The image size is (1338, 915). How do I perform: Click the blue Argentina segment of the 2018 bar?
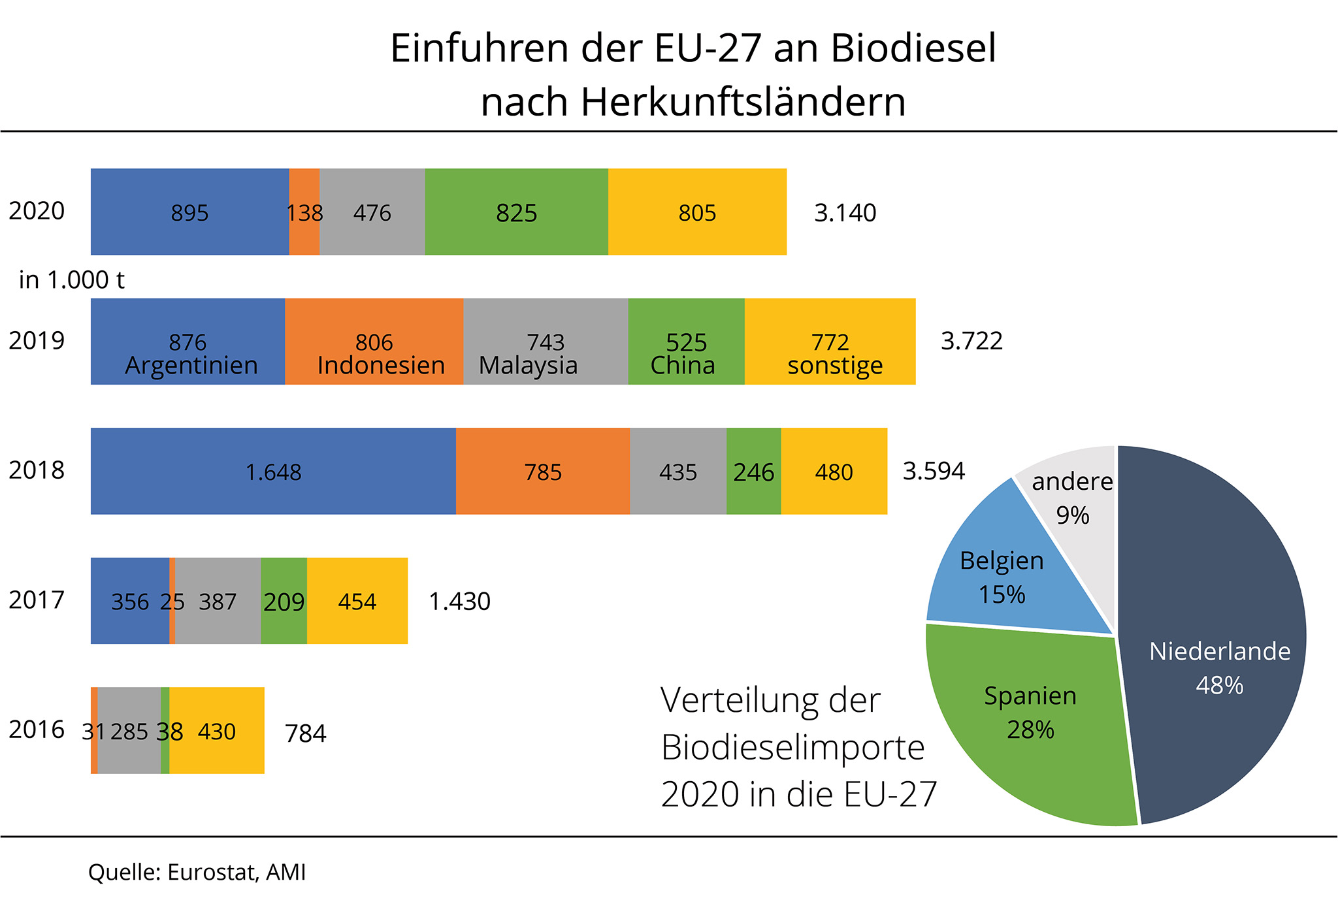[273, 471]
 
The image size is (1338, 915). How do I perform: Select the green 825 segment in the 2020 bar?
[516, 212]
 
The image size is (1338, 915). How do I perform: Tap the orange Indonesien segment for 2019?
[374, 342]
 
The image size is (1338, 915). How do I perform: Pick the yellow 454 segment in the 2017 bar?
[357, 601]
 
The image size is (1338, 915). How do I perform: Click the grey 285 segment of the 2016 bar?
[129, 731]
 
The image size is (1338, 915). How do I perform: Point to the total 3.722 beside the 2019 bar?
[971, 341]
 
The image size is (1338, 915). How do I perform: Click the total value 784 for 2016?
[306, 733]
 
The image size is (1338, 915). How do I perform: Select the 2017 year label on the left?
[37, 600]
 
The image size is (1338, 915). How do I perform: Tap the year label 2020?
[37, 211]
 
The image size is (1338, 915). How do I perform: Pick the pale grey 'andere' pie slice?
[1072, 496]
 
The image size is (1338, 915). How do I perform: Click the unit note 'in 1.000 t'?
[72, 280]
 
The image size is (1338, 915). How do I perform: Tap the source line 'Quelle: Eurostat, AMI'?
[197, 873]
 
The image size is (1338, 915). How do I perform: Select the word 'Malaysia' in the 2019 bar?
[528, 365]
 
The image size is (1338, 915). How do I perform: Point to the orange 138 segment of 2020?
[304, 212]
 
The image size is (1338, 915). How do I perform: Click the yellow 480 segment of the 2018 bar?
[834, 471]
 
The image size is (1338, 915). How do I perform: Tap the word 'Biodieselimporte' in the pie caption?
[792, 747]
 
